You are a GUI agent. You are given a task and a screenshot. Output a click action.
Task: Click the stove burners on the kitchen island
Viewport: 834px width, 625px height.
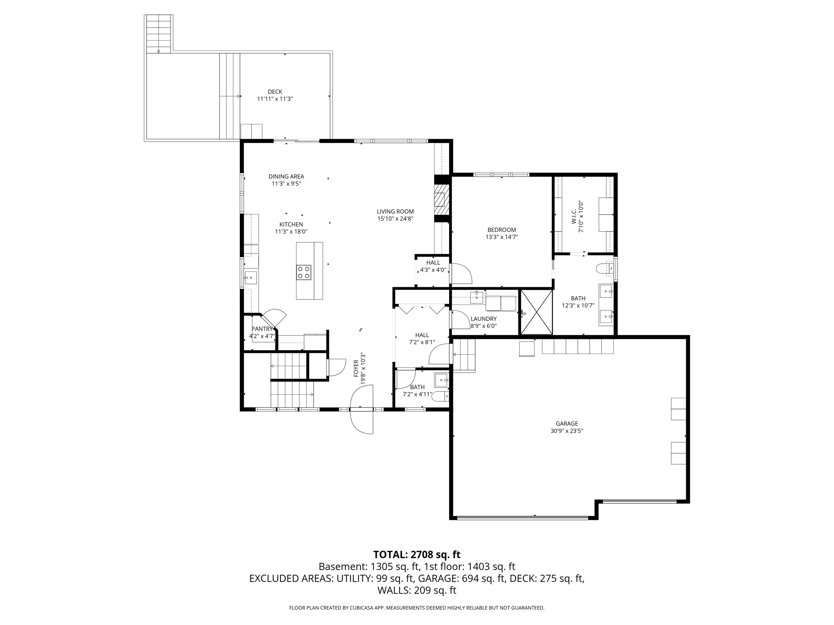point(304,272)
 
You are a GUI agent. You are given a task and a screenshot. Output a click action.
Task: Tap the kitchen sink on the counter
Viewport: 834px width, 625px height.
point(251,278)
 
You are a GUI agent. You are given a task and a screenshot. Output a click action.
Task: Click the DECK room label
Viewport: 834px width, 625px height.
point(275,92)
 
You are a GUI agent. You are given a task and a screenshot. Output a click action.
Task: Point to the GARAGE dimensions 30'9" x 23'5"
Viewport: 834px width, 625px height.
point(566,431)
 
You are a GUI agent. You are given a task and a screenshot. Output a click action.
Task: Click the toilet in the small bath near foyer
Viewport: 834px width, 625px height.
point(439,396)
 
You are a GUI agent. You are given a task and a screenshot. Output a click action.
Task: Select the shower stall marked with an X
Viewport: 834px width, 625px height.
point(536,312)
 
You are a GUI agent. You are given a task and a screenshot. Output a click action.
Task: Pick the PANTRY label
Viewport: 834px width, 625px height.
point(262,329)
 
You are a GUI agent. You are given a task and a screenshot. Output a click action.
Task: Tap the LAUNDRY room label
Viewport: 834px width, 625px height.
point(483,319)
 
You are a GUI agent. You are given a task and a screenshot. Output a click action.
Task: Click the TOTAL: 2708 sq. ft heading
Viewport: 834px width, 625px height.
point(417,554)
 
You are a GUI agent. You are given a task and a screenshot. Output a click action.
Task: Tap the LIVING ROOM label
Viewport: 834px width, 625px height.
point(395,212)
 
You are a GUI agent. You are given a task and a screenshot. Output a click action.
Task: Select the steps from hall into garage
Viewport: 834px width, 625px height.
point(464,355)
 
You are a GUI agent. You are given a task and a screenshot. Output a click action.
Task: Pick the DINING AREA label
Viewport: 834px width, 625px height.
point(286,177)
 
